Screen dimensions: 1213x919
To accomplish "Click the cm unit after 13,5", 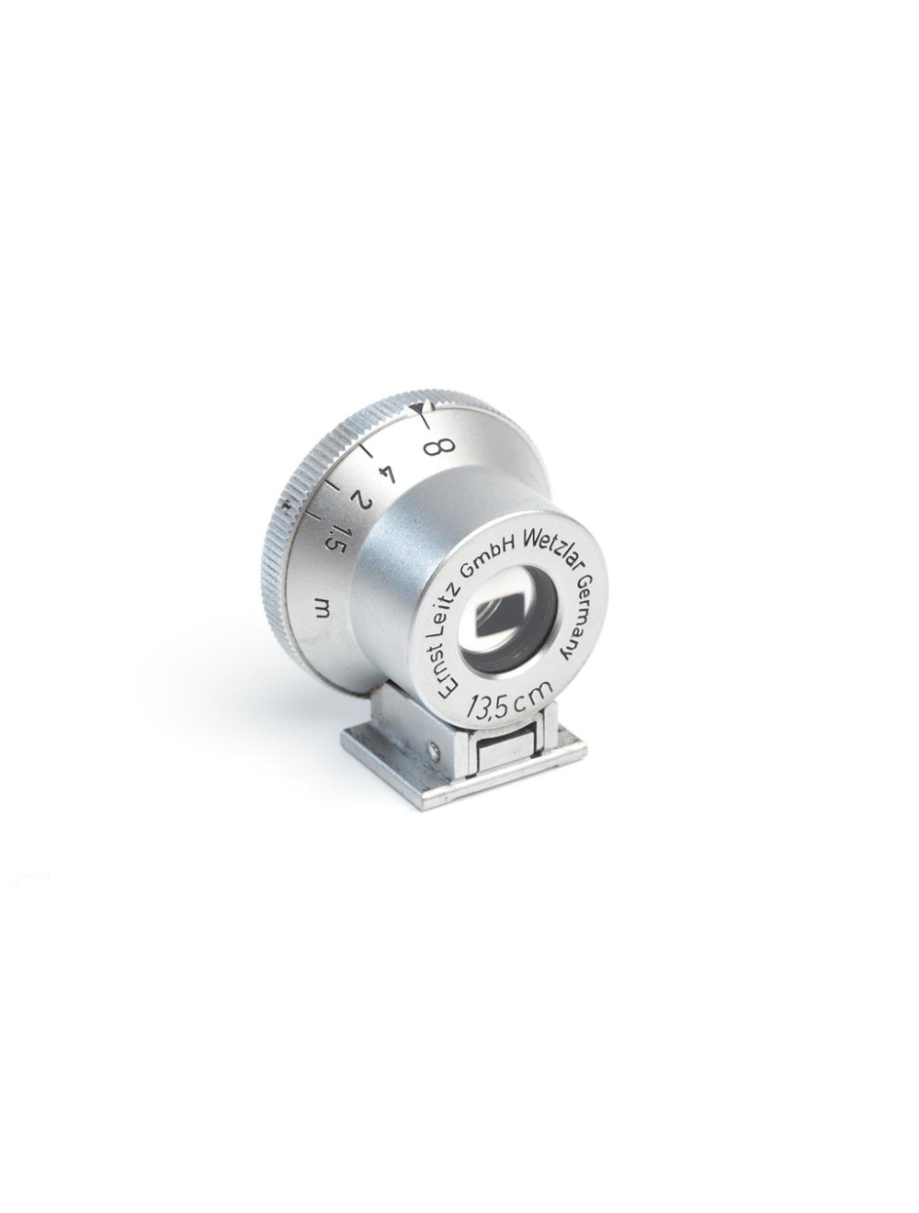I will coord(532,701).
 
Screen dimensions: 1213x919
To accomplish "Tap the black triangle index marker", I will coord(420,404).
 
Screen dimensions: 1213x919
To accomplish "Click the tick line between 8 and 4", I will coord(369,453).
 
